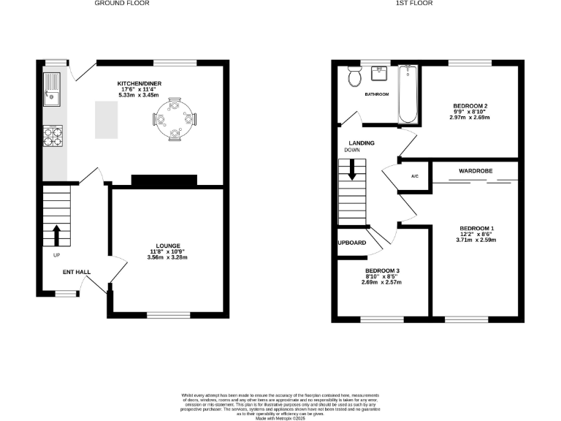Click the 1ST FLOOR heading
[414, 4]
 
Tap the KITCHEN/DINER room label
[139, 84]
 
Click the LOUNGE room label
[167, 246]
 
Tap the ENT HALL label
[77, 272]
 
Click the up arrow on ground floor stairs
[56, 234]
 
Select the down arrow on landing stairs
[352, 171]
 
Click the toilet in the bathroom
[355, 75]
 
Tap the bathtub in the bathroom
[407, 95]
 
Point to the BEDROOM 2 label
[470, 105]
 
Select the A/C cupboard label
[415, 176]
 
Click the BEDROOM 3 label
[382, 270]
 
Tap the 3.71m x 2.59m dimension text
[476, 240]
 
